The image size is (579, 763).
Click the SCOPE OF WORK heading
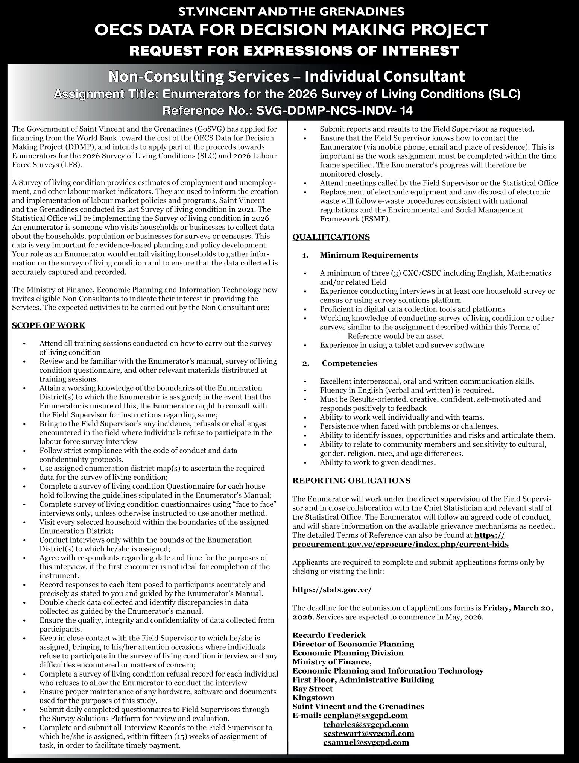coord(49,325)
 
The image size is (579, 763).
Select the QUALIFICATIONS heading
coord(331,237)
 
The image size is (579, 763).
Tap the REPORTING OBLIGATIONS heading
coord(351,481)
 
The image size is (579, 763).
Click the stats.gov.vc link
coord(332,590)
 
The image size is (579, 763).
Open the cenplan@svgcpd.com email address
coord(365,715)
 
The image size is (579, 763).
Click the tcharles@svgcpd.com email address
coord(366,724)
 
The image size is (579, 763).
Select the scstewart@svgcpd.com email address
coord(369,733)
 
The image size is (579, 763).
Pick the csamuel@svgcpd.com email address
coord(366,742)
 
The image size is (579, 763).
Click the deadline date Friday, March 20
coord(518,608)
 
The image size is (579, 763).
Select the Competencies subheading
coord(350,363)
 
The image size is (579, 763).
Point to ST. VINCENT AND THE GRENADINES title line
coord(291,12)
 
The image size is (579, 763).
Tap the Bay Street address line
coord(313,689)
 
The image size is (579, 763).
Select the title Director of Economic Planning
coord(353,644)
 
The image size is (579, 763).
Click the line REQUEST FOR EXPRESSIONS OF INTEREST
coord(294,50)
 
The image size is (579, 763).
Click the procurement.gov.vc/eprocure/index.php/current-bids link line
coord(400,544)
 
